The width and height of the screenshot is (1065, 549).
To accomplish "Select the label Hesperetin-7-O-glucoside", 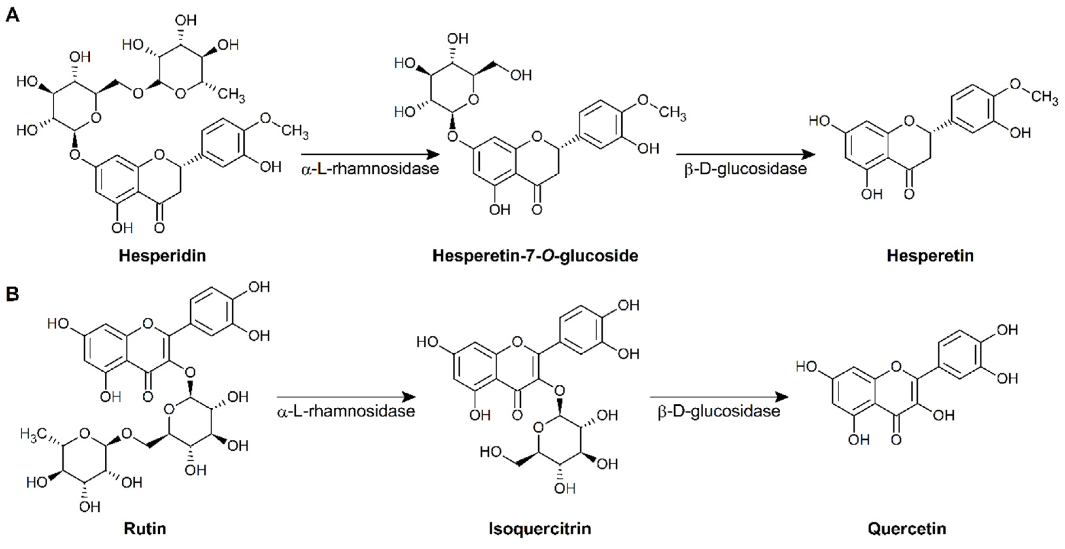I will (x=535, y=256).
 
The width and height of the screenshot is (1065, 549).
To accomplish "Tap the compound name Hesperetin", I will (x=930, y=256).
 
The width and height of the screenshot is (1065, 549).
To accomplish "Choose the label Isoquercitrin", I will (x=540, y=528).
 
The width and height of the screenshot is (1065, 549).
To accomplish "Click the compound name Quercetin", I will (x=907, y=528).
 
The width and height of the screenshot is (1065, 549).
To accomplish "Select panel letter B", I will (x=12, y=294).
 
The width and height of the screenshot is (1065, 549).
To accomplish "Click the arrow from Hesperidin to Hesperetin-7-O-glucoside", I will (x=370, y=155).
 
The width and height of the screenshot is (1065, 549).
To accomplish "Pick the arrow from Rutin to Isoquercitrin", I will (x=346, y=397).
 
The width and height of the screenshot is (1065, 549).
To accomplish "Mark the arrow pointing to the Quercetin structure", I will (x=719, y=397).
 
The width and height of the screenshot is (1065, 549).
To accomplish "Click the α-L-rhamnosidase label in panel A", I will (x=370, y=169).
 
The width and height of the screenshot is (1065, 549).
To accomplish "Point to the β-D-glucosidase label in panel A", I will (x=745, y=169).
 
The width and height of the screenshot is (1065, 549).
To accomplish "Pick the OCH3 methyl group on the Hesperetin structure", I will (x=1044, y=97).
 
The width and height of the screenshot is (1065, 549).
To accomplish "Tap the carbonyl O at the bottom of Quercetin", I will (x=896, y=439).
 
